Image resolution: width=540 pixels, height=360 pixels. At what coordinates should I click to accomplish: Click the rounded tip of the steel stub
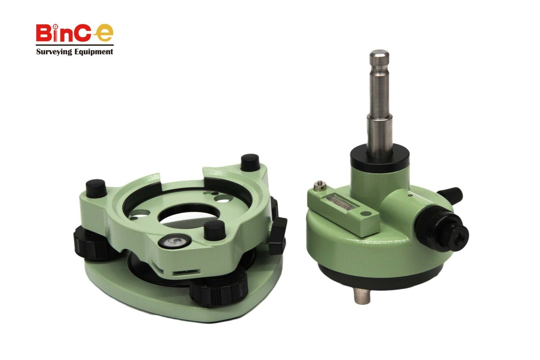click(379, 55)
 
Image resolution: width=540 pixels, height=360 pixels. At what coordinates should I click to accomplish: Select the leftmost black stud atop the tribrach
click(97, 187)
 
